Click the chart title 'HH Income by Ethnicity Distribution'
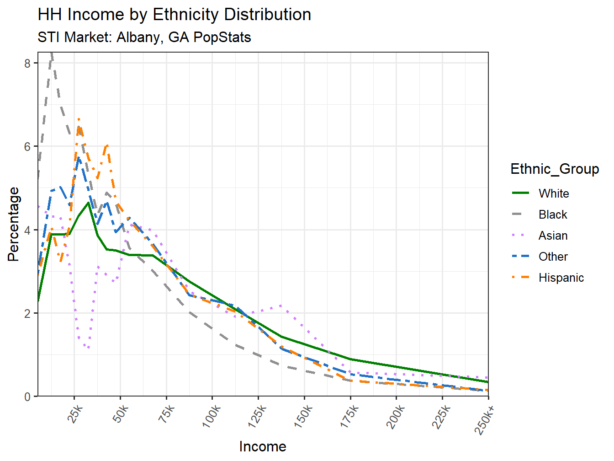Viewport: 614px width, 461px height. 174,15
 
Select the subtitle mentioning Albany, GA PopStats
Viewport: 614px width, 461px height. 144,37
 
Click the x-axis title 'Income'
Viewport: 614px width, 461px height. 263,446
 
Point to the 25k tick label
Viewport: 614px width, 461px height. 75,414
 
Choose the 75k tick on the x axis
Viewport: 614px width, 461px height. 167,414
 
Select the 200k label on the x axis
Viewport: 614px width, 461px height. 396,417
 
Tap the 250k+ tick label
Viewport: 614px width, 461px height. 485,418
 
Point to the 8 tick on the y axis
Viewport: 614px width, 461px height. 28,63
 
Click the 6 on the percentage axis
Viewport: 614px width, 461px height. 28,147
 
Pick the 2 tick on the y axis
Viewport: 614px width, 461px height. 28,313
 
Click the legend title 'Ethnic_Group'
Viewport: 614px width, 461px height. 555,169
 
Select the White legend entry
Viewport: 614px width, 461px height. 554,193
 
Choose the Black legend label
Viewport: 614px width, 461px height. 553,214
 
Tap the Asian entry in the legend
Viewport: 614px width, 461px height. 553,236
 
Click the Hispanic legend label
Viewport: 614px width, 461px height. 561,278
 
